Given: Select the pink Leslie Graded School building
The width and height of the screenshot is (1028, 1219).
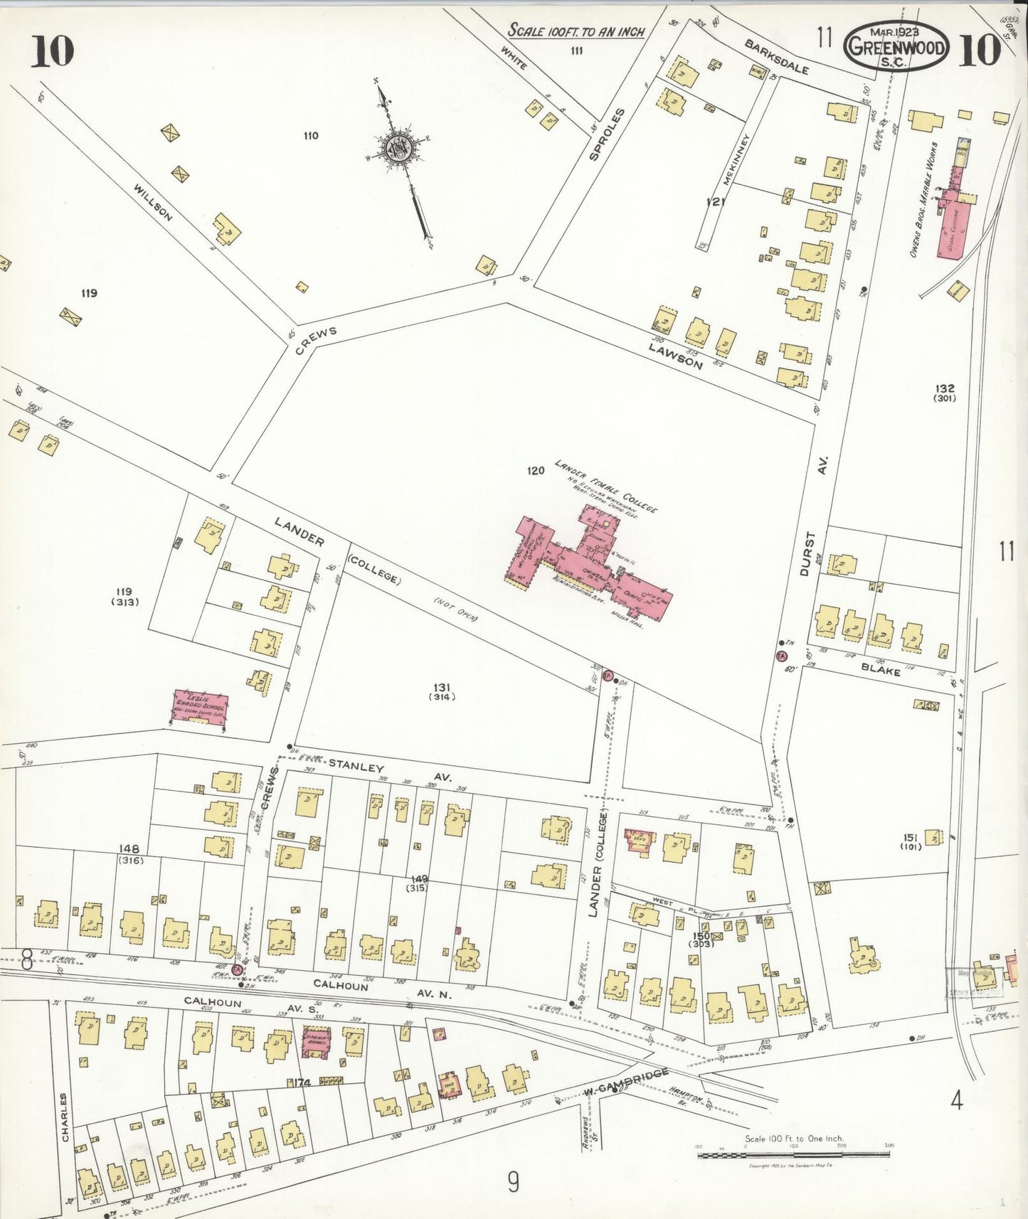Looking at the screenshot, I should pyautogui.click(x=201, y=708).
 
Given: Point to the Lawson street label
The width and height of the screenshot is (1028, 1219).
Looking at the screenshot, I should pyautogui.click(x=675, y=353).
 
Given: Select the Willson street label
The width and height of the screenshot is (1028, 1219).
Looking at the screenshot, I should pyautogui.click(x=152, y=202).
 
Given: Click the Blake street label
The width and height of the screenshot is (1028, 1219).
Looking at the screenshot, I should pyautogui.click(x=881, y=669).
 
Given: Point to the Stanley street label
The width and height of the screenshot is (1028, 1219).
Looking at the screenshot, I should pyautogui.click(x=356, y=767).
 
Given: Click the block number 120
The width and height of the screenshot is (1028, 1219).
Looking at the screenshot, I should pyautogui.click(x=536, y=470).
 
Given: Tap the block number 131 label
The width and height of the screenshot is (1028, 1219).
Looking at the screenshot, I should pyautogui.click(x=442, y=687).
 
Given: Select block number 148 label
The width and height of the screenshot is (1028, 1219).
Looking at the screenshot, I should pyautogui.click(x=129, y=849).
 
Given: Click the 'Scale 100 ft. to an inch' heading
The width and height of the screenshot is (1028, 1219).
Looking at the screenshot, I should pyautogui.click(x=576, y=31).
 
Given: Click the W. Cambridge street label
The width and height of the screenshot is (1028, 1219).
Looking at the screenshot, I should pyautogui.click(x=626, y=1082).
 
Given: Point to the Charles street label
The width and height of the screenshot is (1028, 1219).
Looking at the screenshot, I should pyautogui.click(x=65, y=1117).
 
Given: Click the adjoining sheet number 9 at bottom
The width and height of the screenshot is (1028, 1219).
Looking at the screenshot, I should pyautogui.click(x=513, y=1182).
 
